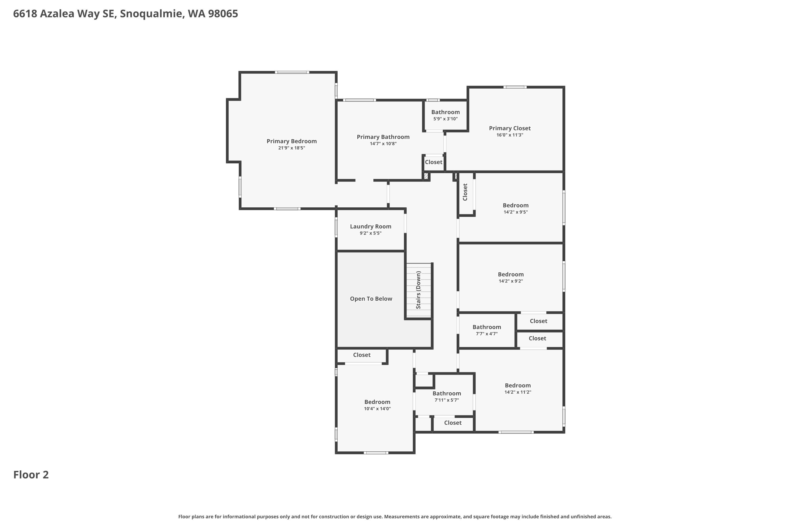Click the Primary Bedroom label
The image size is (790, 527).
tap(292, 141)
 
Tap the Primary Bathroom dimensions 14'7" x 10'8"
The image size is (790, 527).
tap(383, 144)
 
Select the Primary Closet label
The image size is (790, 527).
tap(510, 128)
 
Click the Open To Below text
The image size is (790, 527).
tap(371, 299)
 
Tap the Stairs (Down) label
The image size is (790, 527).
tap(418, 290)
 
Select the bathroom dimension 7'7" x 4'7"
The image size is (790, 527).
tap(487, 334)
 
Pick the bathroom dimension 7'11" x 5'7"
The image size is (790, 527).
tap(446, 400)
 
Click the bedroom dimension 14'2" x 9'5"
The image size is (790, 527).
tap(516, 212)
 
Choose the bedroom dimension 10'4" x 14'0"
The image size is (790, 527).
tap(377, 409)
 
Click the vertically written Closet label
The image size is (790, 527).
tap(465, 192)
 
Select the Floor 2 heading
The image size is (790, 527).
tap(31, 475)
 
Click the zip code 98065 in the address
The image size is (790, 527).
tap(223, 14)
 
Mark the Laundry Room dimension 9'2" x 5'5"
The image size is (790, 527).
tap(371, 233)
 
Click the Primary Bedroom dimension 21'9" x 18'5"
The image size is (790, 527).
tap(292, 148)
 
